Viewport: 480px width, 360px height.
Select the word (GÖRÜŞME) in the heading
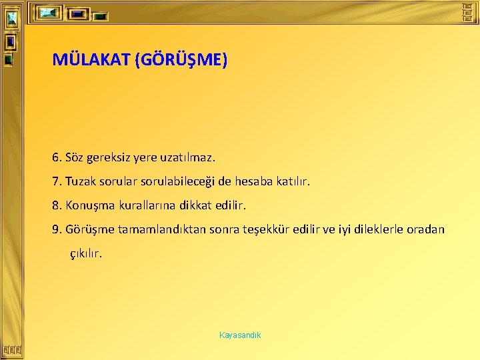point(181,61)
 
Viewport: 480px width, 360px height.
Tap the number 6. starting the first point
point(57,158)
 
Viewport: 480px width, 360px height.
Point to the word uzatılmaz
point(189,158)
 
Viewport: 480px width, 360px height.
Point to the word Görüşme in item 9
point(90,229)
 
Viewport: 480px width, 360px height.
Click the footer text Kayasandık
point(240,335)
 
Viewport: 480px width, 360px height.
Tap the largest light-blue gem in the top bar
point(49,13)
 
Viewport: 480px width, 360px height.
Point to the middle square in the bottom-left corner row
point(13,349)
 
